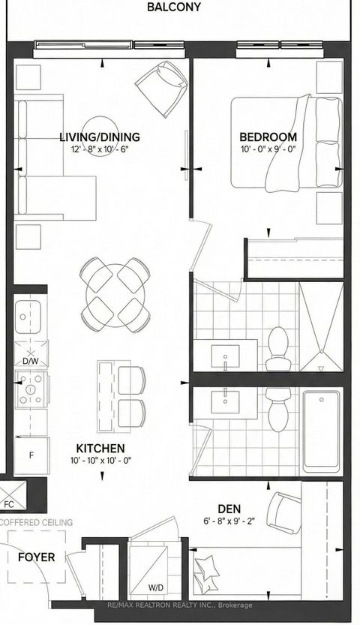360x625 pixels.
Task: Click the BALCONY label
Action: [173, 7]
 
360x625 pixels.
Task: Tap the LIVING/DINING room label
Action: [100, 137]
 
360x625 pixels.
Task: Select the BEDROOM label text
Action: [268, 137]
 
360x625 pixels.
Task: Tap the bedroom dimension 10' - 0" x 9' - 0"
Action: [268, 149]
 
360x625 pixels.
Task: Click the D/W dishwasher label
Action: [30, 361]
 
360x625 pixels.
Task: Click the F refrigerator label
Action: [31, 455]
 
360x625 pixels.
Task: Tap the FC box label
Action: [9, 504]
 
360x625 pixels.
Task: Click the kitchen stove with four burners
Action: [31, 389]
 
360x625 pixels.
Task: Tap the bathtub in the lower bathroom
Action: [322, 430]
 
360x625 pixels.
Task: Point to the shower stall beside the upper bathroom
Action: [320, 327]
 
